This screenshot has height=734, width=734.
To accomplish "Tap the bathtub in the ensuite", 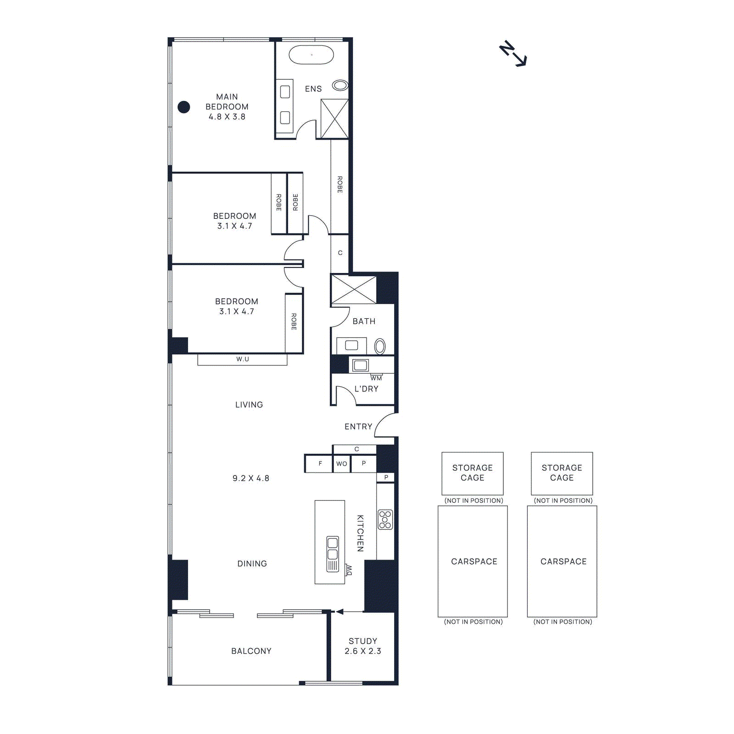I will point(311,55).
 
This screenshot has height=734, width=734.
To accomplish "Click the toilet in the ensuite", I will point(340,85).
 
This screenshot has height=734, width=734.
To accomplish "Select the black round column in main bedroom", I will point(184,107).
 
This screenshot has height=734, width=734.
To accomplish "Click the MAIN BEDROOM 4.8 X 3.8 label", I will point(227,106).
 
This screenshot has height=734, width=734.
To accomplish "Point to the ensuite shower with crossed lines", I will point(334,119).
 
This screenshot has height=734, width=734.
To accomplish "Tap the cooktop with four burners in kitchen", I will point(385,519).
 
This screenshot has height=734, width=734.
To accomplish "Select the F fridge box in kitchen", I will point(320,463).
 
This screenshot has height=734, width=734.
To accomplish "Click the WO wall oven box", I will point(342,463).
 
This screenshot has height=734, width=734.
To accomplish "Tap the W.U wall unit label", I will point(243,359).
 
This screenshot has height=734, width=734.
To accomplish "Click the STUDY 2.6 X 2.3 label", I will point(363,646).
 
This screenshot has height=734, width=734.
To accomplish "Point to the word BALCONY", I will point(251,651).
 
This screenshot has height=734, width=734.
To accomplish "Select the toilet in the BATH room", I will point(380,346).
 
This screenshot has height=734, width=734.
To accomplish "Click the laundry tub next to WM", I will point(361,365).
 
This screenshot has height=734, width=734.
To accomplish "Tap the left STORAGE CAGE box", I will point(473,473).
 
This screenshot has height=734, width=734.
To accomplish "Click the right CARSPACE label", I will point(563,562).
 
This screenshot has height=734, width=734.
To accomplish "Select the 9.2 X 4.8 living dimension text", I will point(251,478).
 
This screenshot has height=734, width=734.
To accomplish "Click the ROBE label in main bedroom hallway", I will point(340,184).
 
